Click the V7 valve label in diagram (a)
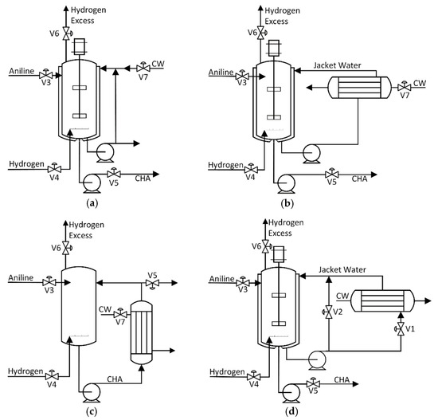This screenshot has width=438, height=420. pos(143,77)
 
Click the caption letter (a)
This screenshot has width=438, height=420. pos(93,203)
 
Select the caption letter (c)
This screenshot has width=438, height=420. pos(93,411)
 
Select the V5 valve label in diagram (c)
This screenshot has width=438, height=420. pos(152,276)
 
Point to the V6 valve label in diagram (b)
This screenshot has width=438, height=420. pos(252,33)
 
